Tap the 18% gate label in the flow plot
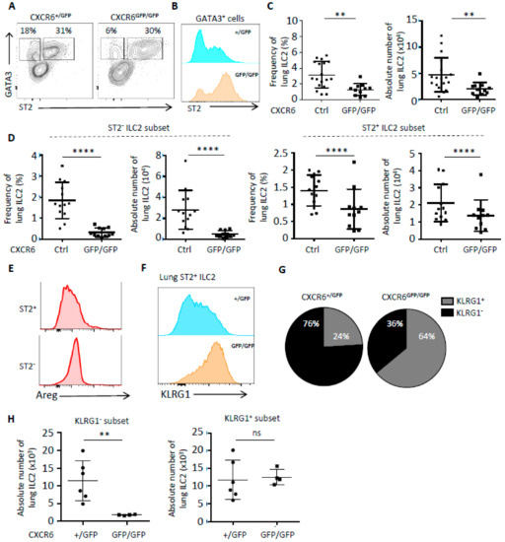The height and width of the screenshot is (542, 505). click(36, 31)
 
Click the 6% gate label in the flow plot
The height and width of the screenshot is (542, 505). click(113, 31)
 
